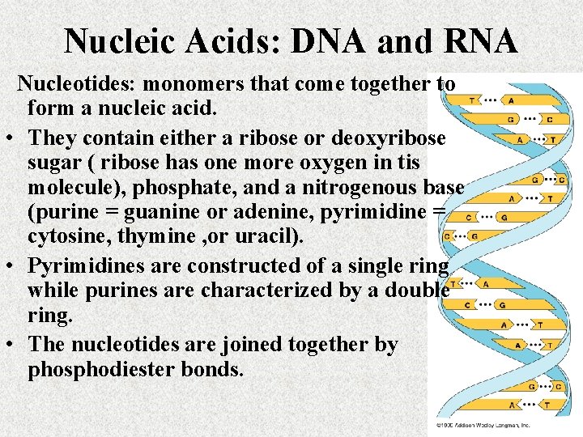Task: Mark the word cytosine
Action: click(x=66, y=240)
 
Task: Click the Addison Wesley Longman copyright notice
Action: click(x=483, y=424)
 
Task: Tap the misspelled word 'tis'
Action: click(x=428, y=162)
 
